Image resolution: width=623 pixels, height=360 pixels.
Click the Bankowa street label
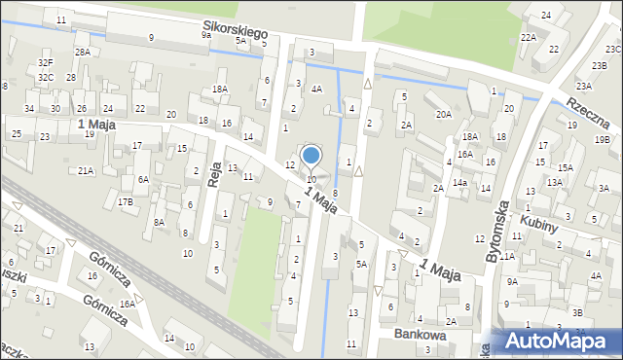(x=420, y=334)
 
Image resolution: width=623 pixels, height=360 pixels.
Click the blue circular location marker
(x=311, y=155)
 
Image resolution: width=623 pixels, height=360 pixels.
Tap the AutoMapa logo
(x=558, y=342)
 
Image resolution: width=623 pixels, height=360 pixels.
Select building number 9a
(x=205, y=35)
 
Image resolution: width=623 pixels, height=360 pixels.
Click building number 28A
(x=83, y=53)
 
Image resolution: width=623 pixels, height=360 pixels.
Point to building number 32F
(x=46, y=63)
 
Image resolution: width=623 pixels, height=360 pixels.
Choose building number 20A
(x=444, y=115)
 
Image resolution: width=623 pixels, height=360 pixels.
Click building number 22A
(x=529, y=37)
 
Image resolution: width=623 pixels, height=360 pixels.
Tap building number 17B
(x=126, y=202)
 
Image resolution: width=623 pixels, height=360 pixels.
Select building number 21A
(x=86, y=171)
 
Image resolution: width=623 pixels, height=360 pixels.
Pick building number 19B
(x=603, y=139)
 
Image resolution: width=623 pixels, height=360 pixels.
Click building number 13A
(x=554, y=182)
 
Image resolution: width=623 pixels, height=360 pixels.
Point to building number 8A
(x=159, y=222)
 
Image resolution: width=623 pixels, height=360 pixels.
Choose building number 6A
(x=142, y=179)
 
